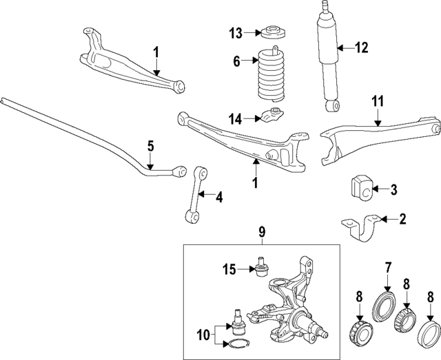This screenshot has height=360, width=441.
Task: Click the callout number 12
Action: (x=362, y=48)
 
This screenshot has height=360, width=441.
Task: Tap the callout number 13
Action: (x=236, y=32)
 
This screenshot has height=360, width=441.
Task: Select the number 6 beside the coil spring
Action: (x=236, y=62)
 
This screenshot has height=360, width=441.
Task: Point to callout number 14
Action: (x=236, y=118)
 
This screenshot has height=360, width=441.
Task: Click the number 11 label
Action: (x=378, y=101)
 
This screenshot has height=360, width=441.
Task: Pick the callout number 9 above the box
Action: (x=263, y=233)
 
